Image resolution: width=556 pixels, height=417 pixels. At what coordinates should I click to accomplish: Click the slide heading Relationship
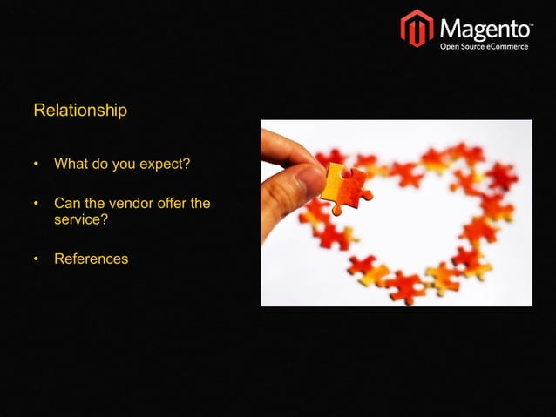point(80,111)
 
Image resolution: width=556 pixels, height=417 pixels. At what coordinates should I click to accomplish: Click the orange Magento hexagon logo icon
point(417,28)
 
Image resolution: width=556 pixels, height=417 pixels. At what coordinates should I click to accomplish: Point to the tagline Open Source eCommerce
point(484,46)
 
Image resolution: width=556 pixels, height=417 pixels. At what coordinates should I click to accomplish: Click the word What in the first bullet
point(71,164)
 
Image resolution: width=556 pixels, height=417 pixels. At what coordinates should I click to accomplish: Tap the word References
point(91,259)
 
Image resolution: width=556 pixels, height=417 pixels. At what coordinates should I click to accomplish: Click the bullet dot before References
point(37,259)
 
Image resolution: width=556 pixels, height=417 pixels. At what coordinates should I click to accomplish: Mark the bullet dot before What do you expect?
point(37,165)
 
